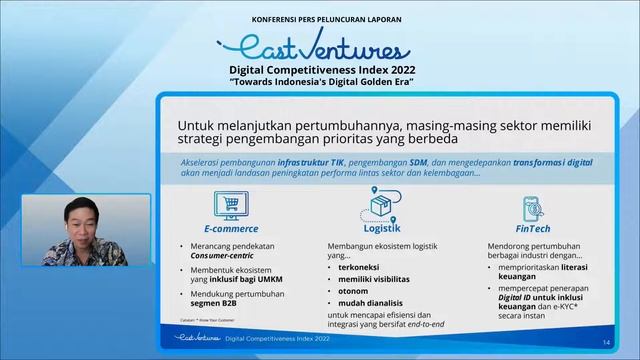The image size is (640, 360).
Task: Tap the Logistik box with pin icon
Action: coord(382,206)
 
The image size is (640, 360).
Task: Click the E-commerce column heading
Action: coord(224,229)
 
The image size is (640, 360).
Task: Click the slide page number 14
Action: coord(606,344)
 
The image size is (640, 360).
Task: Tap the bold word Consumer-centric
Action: coord(225,256)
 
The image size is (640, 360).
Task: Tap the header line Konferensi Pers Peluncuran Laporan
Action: coord(319,18)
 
